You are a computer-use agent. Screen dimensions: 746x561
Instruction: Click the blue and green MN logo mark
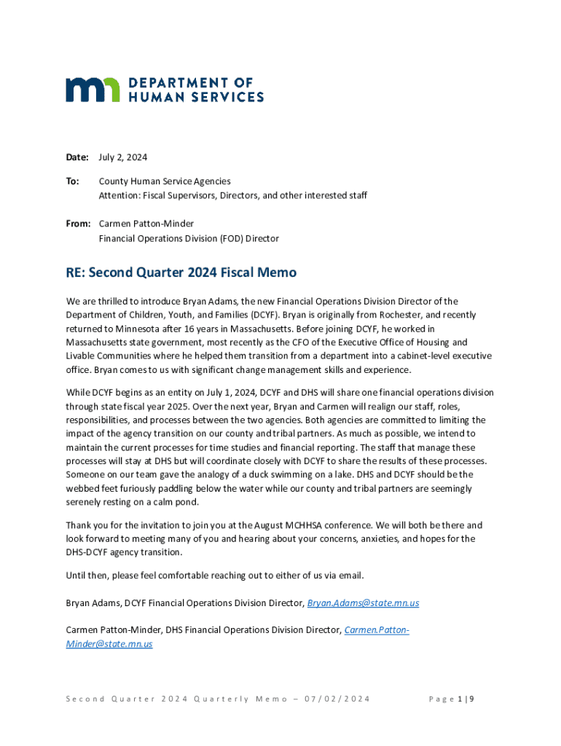point(93,90)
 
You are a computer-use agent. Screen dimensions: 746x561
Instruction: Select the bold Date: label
point(77,157)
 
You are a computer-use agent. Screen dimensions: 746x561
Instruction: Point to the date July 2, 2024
point(123,157)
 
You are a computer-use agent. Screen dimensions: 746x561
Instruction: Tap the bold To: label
point(73,181)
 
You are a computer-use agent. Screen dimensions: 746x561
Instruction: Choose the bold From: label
point(78,224)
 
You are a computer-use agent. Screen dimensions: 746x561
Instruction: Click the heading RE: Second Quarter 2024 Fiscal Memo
point(181,272)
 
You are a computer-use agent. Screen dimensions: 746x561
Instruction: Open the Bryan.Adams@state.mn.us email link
point(363,603)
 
